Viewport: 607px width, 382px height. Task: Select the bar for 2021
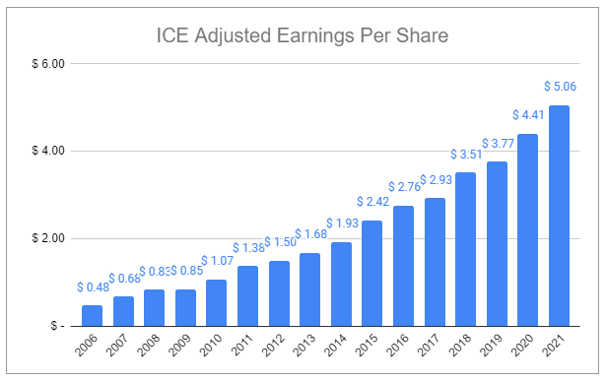[x=560, y=216]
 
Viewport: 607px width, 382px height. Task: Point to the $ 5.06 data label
[x=560, y=87]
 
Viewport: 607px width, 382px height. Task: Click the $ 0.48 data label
[x=92, y=287]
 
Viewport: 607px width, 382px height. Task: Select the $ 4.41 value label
[x=528, y=115]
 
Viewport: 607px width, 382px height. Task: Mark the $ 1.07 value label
[x=216, y=262]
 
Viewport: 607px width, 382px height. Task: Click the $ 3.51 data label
[x=466, y=155]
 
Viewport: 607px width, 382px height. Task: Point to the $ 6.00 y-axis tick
[x=43, y=64]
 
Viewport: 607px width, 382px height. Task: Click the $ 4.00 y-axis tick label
[x=43, y=152]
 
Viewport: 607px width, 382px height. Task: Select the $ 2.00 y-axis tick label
[x=43, y=238]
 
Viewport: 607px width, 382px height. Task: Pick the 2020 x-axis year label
[x=524, y=350]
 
